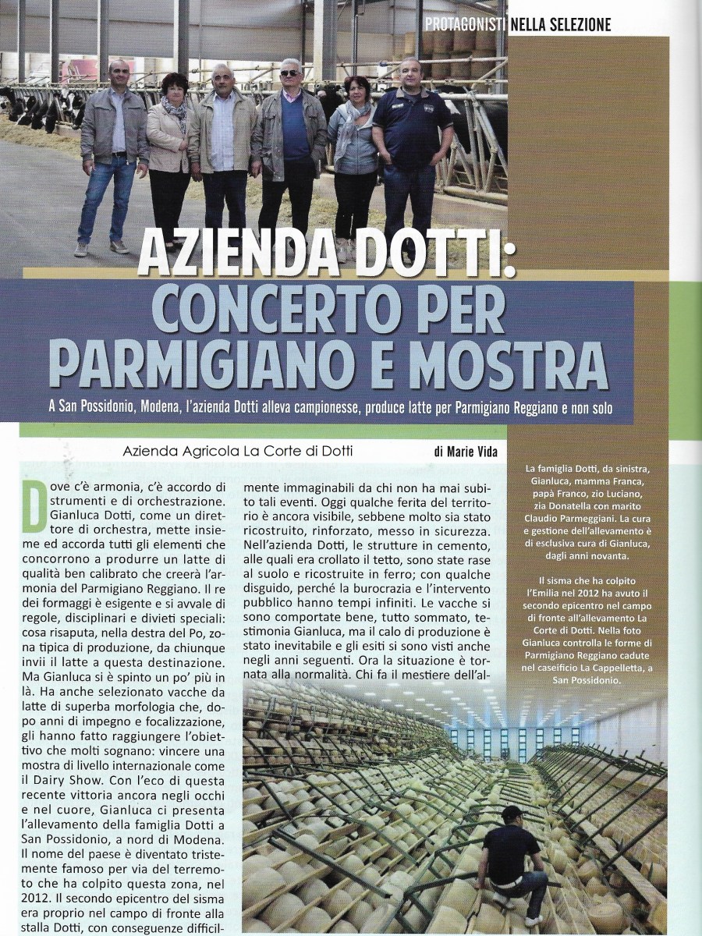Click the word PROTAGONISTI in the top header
click(465, 24)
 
